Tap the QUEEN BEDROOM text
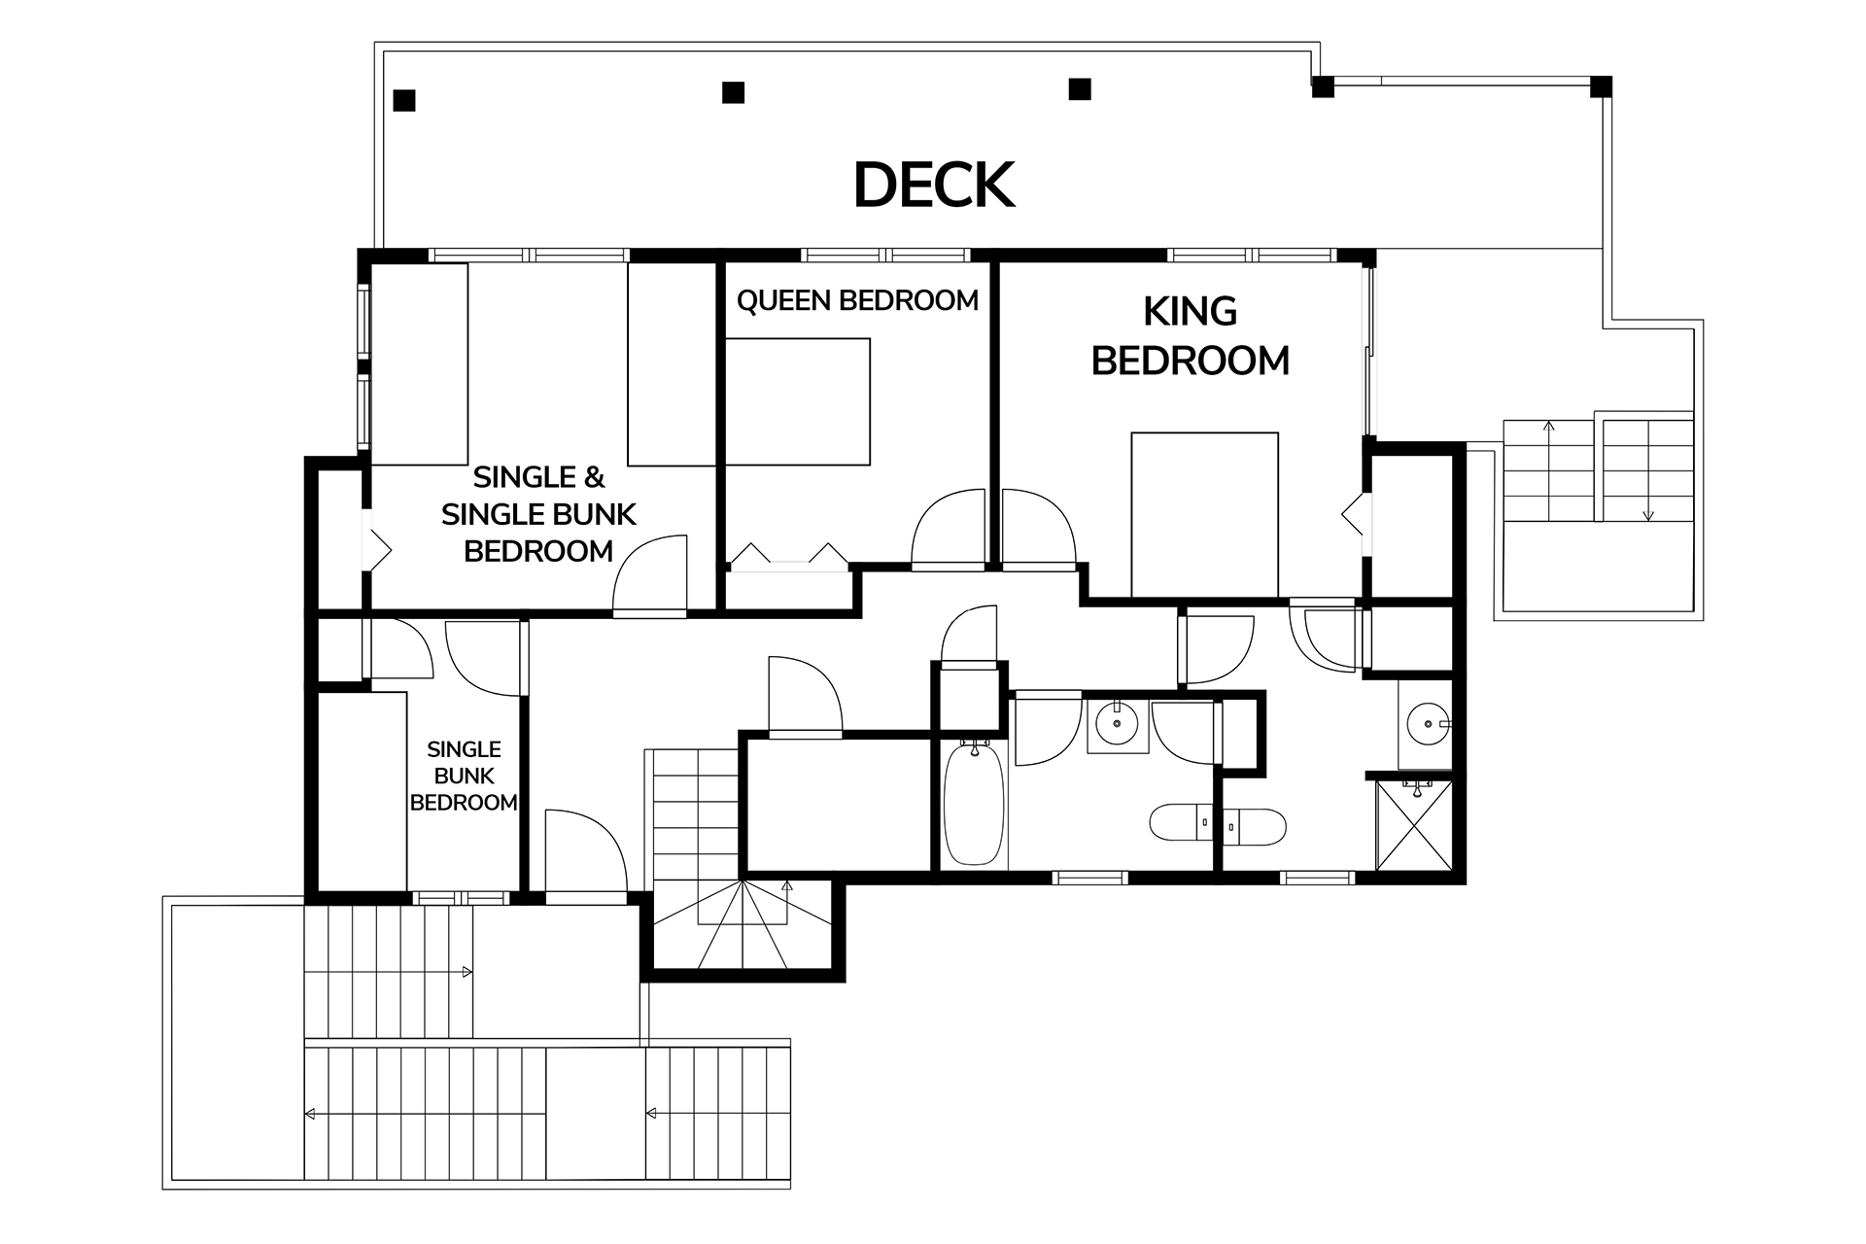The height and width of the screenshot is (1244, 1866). pos(857,301)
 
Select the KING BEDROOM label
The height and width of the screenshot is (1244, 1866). pos(1191,336)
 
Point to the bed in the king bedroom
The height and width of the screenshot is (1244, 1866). pos(1204,514)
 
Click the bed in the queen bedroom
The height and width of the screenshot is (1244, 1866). pos(797,401)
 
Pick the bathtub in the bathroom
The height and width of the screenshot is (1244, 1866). pos(973,803)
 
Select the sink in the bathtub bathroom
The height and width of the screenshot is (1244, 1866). pos(1117,723)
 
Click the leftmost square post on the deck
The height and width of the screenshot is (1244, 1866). pos(404,100)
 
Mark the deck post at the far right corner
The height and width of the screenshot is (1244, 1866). pos(1601,86)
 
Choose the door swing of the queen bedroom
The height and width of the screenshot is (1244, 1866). pos(949,527)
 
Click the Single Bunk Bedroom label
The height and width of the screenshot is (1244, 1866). pos(464,776)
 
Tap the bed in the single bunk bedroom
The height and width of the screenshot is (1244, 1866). pos(362,791)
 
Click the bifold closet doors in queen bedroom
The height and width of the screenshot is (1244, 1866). pos(788,554)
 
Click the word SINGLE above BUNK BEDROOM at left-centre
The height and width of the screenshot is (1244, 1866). pos(464,749)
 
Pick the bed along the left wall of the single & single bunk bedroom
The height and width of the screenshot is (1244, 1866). pos(420,363)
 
